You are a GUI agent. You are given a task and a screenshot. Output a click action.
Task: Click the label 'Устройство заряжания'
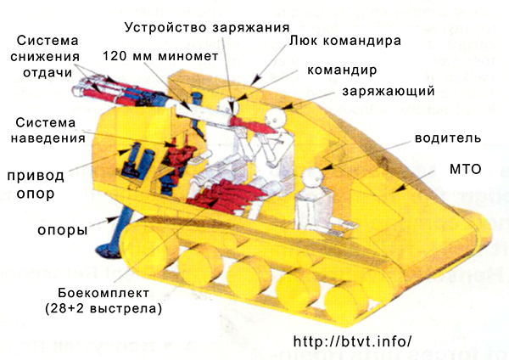point(207,27)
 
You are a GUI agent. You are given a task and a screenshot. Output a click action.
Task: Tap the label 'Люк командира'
point(345,41)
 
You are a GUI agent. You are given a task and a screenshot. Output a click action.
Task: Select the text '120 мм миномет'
point(160,56)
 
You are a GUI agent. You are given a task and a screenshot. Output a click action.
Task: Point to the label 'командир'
point(342,70)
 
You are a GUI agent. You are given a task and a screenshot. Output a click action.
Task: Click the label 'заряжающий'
point(389,92)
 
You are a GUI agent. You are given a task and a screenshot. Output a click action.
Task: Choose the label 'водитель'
point(448,138)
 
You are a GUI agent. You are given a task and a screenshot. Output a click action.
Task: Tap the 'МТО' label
point(466,169)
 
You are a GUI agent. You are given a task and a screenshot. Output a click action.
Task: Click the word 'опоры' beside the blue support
point(62,230)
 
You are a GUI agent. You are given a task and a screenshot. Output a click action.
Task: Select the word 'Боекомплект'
point(103,293)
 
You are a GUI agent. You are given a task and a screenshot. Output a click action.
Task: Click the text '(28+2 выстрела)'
point(103,308)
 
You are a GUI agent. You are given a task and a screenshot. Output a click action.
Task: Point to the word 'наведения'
point(48,138)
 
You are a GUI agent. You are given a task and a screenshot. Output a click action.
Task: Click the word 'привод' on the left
point(36,176)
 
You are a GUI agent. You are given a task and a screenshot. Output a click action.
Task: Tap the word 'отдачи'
point(48,73)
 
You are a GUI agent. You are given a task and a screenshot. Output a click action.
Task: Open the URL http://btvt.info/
point(353,341)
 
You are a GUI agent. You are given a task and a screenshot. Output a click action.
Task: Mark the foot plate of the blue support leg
point(108,250)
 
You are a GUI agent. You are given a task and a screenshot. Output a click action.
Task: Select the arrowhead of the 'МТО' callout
point(401,188)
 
